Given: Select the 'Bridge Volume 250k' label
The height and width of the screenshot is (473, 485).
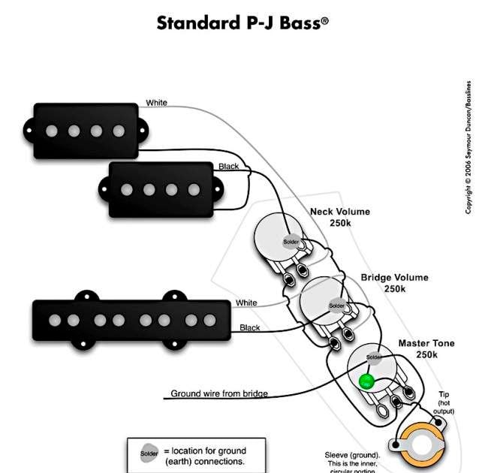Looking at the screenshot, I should pyautogui.click(x=394, y=283).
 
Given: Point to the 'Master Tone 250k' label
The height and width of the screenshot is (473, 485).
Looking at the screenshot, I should pyautogui.click(x=426, y=348).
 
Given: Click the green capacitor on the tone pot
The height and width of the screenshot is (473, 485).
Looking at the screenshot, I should pyautogui.click(x=366, y=381).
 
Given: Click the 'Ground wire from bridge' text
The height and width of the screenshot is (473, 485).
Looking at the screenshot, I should pyautogui.click(x=219, y=393).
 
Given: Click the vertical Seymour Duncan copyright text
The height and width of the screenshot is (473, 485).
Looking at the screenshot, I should pyautogui.click(x=468, y=146).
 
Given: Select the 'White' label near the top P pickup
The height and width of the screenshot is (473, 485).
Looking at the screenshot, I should pyautogui.click(x=157, y=103).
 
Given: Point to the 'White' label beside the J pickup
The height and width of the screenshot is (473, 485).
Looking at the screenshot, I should pyautogui.click(x=246, y=303).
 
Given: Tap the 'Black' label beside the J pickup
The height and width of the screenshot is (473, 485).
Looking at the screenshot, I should pyautogui.click(x=250, y=328).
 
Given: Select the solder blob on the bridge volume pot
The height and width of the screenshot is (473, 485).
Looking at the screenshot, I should pyautogui.click(x=337, y=306).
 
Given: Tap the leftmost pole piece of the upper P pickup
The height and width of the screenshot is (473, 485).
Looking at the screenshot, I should pyautogui.click(x=51, y=131).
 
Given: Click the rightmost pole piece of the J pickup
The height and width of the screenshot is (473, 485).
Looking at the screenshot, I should pyautogui.click(x=209, y=321).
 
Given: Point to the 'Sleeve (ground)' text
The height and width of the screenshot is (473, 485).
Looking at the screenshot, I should pyautogui.click(x=352, y=455).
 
